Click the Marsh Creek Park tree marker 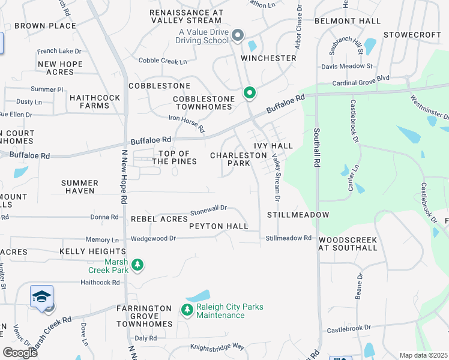click(x=137, y=265)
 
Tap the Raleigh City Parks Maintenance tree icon click(x=187, y=310)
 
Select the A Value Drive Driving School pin click(x=237, y=36)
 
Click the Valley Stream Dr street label click(x=277, y=176)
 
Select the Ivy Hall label click(x=273, y=146)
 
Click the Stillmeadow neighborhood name click(x=298, y=215)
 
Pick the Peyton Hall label click(x=218, y=226)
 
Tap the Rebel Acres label click(x=160, y=219)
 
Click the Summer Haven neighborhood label click(x=80, y=187)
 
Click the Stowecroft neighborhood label click(x=412, y=35)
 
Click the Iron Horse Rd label click(x=187, y=124)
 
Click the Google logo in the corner click(x=20, y=353)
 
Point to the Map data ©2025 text click(x=423, y=355)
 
